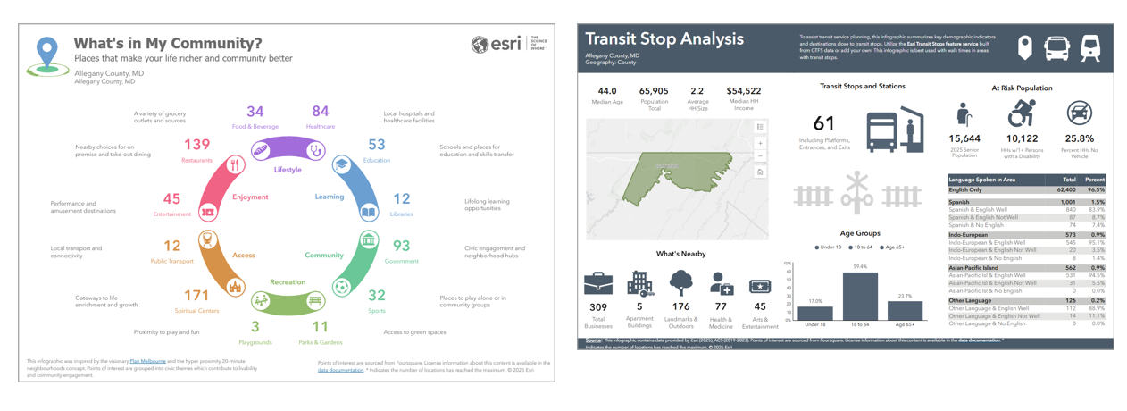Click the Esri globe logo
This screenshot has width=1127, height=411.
point(480,44)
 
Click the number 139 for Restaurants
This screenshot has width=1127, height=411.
point(196,145)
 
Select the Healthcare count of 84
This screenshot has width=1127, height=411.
point(320,112)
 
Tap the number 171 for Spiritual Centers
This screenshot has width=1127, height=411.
point(196,296)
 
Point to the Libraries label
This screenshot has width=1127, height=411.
point(401,214)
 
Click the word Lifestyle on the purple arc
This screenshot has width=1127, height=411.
point(288,170)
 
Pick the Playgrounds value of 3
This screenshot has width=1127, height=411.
point(255,327)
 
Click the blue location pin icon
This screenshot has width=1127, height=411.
point(47,54)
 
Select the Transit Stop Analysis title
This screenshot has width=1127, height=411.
point(664,39)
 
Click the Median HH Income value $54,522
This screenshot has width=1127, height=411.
point(743,91)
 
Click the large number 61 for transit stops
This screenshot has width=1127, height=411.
point(823,124)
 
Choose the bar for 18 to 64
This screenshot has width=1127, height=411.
point(860,297)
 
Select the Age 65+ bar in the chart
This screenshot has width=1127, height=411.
point(905,310)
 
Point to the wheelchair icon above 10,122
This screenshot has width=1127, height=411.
point(1022,113)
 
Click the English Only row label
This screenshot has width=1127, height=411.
point(965,190)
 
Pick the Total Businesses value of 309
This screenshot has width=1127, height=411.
point(598,307)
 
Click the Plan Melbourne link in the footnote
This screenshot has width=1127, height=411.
point(147,362)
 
